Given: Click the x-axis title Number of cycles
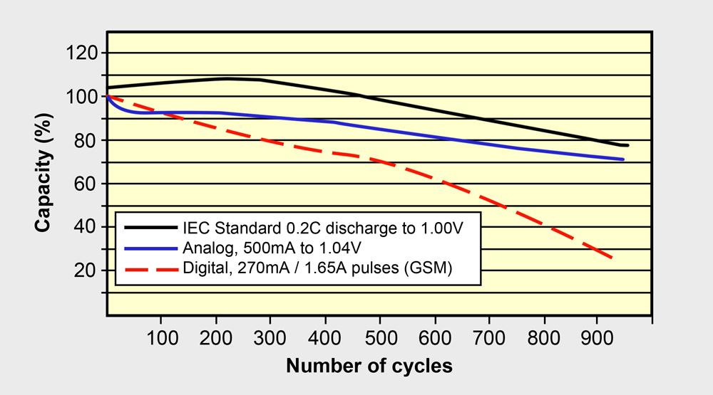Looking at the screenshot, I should coord(369,367).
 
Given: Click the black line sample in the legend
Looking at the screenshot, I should coord(150,227).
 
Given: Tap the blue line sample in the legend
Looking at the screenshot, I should coord(150,248).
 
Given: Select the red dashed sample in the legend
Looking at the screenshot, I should coord(150,270).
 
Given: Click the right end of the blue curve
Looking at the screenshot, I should coord(624,159).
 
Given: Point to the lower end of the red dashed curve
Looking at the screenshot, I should coord(612,258).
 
